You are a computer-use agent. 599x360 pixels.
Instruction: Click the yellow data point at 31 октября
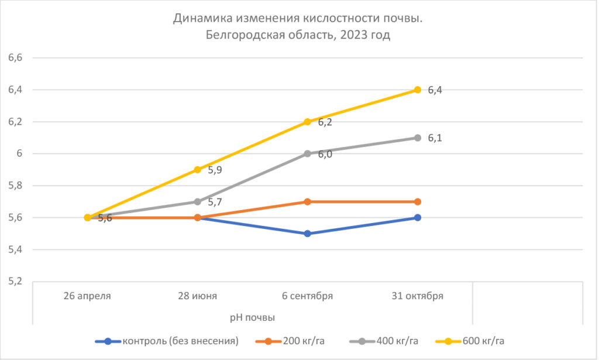click(x=417, y=90)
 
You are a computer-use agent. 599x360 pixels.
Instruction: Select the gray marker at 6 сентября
click(x=307, y=153)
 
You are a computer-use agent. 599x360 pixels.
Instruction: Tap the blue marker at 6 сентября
click(x=307, y=234)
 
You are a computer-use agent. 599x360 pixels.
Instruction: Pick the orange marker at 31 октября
click(x=417, y=201)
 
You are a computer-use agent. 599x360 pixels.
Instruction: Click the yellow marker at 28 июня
click(x=197, y=170)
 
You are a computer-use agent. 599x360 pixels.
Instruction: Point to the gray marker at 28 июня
click(x=197, y=201)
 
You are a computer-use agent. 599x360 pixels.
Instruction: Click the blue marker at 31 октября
click(x=417, y=217)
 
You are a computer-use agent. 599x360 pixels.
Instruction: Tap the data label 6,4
click(x=435, y=90)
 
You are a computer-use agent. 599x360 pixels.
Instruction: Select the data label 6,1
click(x=435, y=138)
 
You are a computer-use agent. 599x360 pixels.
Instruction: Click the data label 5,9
click(x=215, y=170)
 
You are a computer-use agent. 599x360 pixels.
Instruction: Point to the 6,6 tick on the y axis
click(x=15, y=58)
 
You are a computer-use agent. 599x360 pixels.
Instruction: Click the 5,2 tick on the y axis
click(x=15, y=282)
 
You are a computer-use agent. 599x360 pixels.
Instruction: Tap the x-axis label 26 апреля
click(x=87, y=296)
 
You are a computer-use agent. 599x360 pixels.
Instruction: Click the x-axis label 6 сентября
click(x=307, y=296)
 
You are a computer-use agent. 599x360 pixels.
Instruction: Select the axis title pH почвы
click(x=252, y=317)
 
